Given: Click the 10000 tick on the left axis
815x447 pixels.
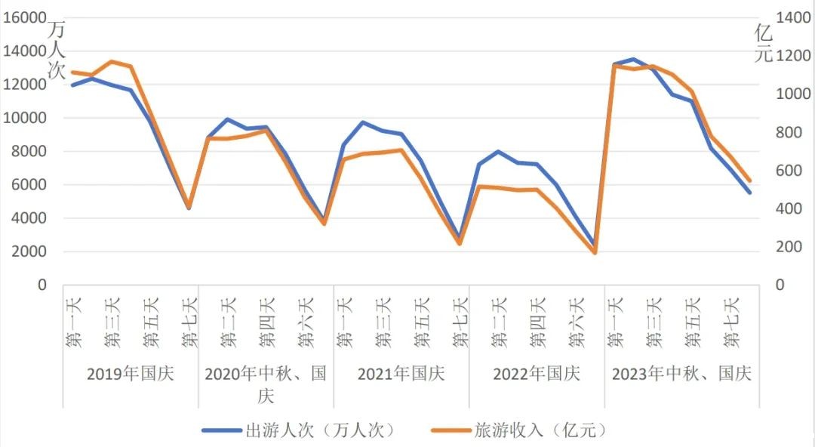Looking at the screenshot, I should (x=26, y=119).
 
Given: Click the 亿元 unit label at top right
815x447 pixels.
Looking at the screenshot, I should (x=764, y=43).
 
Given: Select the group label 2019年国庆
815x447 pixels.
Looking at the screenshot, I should (x=131, y=374).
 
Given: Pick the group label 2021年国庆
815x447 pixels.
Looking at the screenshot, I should (x=401, y=374).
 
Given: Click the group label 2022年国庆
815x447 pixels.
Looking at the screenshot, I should (x=537, y=374).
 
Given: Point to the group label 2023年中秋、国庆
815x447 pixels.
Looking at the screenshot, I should (x=681, y=374).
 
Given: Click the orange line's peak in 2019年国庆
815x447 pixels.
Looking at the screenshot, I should (x=111, y=61).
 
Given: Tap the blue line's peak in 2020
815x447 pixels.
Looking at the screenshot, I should (x=227, y=119).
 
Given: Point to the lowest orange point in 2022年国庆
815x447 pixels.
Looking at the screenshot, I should (x=595, y=252).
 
